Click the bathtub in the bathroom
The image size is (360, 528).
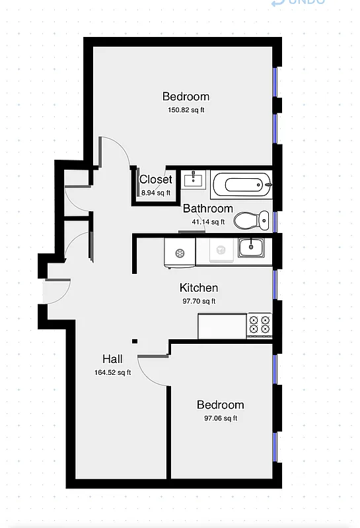coord(242,183)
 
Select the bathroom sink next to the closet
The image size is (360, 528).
coord(194,179)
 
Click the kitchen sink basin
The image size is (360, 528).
coord(250,248)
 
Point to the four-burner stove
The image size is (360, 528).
coord(259,323)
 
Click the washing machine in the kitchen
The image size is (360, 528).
coord(179,252)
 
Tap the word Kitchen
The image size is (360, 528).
coord(199,288)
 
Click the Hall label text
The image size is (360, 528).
coord(112,359)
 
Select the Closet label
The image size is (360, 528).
coord(156,180)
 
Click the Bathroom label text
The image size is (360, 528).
coord(207,209)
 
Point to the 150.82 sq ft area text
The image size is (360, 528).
coord(186,110)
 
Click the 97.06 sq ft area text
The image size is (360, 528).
coord(220,418)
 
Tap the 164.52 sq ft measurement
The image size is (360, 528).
coord(112,372)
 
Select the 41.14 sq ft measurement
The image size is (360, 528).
coord(207,222)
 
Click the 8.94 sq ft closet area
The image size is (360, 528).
coord(156,193)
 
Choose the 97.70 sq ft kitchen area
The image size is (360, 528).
coord(199,301)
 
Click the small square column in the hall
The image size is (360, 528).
coord(135,341)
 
